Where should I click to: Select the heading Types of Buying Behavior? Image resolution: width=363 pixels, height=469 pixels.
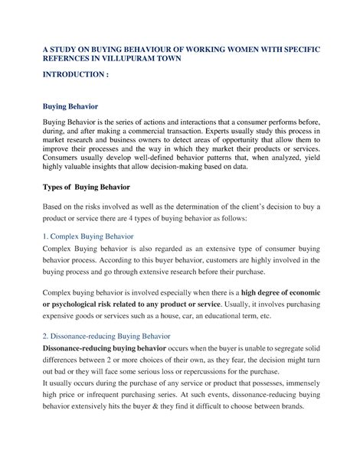point(97,187)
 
